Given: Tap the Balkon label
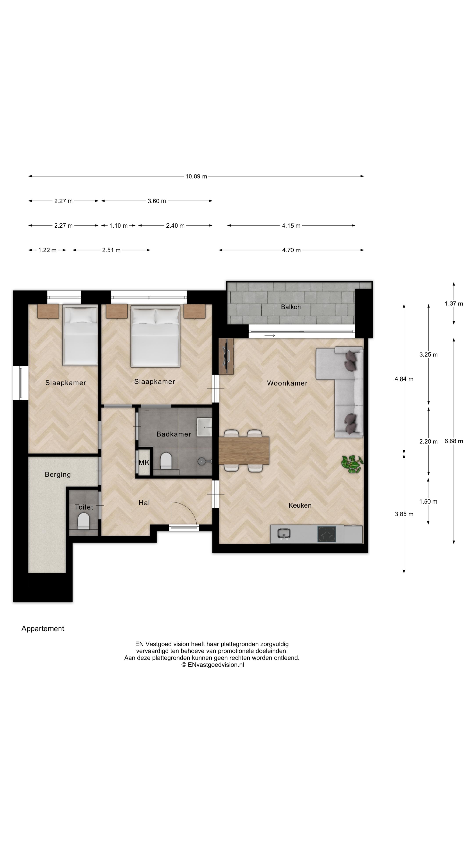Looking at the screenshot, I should pyautogui.click(x=291, y=307).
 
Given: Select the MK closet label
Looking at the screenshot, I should pyautogui.click(x=144, y=462).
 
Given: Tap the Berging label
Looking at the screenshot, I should pyautogui.click(x=57, y=474).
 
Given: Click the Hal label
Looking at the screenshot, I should pyautogui.click(x=144, y=503).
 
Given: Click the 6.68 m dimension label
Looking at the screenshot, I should pyautogui.click(x=453, y=441).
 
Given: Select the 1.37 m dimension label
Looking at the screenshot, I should pyautogui.click(x=453, y=303).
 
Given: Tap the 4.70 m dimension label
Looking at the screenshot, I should pyautogui.click(x=291, y=250).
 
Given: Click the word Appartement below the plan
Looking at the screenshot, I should pyautogui.click(x=43, y=629).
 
